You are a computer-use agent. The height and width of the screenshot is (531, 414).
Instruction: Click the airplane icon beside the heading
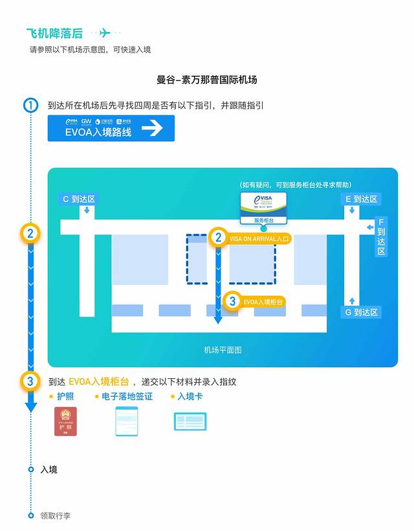pyautogui.click(x=105, y=34)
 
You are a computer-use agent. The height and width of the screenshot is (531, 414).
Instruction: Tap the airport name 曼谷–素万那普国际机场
pyautogui.click(x=207, y=80)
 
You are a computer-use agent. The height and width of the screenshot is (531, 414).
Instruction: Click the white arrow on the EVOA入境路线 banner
pyautogui.click(x=152, y=128)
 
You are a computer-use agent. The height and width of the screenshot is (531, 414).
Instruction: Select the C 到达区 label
pyautogui.click(x=78, y=199)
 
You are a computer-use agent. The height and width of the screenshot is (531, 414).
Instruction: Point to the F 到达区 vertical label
pyautogui.click(x=381, y=236)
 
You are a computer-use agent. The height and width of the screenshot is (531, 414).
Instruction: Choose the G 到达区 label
pyautogui.click(x=361, y=312)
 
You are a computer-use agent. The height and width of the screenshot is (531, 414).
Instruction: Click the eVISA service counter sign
pyautogui.click(x=264, y=207)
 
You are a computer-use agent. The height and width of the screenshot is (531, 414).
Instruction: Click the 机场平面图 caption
pyautogui.click(x=223, y=350)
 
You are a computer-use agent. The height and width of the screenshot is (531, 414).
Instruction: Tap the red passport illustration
pyautogui.click(x=65, y=422)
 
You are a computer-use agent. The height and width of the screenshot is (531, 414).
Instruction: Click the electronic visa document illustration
pyautogui.click(x=127, y=421)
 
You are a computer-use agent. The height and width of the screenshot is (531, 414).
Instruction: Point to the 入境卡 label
pyautogui.click(x=190, y=396)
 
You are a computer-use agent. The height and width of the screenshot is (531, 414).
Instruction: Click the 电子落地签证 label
pyautogui.click(x=127, y=396)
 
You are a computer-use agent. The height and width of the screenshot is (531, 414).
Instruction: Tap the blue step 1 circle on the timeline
pyautogui.click(x=30, y=105)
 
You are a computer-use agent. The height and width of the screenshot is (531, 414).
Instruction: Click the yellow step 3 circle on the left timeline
pyautogui.click(x=30, y=381)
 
